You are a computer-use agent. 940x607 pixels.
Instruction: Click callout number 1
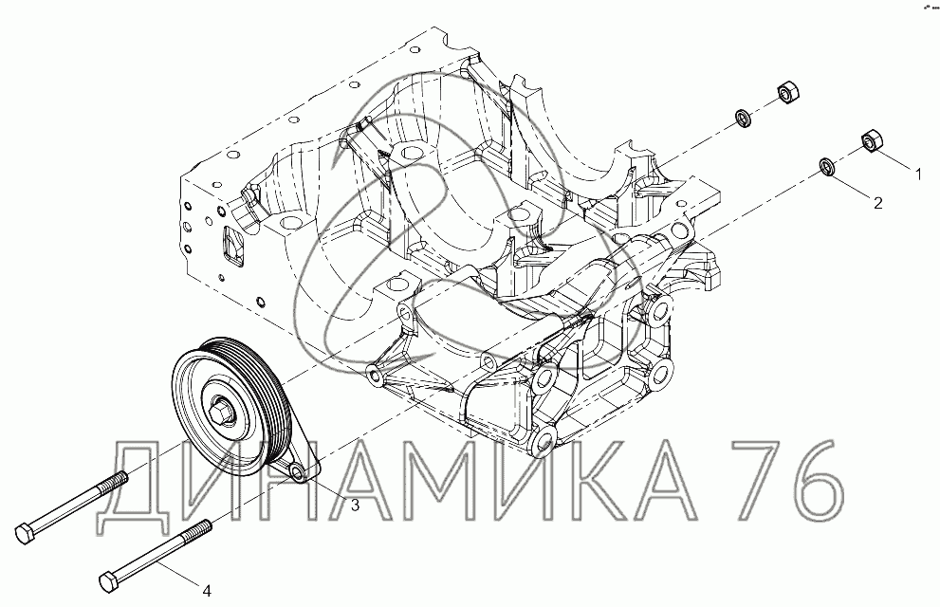tap(917, 175)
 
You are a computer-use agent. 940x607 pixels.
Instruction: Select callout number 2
tap(877, 203)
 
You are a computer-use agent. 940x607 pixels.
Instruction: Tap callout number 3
tap(355, 506)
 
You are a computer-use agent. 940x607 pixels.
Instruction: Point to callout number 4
tap(207, 591)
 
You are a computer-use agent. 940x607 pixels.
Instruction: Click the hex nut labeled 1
tap(870, 140)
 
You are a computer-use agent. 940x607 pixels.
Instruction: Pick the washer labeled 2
tap(828, 167)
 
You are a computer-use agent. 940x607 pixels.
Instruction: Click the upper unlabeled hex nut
tap(786, 93)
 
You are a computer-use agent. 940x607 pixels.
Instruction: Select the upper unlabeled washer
tap(744, 118)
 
